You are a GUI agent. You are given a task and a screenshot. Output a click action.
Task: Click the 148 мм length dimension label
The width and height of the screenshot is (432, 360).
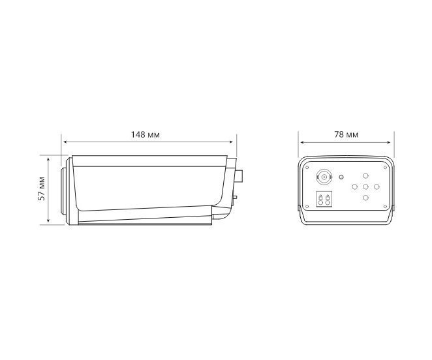click(x=145, y=135)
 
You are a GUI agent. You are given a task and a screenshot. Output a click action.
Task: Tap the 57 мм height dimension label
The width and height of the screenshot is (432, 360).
click(x=42, y=188)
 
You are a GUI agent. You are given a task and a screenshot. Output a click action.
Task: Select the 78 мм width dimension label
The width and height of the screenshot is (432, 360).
click(x=347, y=135)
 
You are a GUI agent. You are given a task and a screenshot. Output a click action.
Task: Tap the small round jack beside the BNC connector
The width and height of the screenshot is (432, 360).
click(x=341, y=177)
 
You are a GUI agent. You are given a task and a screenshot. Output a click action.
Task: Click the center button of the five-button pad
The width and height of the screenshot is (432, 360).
click(x=365, y=187)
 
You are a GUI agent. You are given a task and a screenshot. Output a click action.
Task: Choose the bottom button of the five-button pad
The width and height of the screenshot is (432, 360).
click(x=365, y=198)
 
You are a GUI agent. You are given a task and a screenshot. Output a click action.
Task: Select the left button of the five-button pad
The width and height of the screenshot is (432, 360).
click(x=354, y=187)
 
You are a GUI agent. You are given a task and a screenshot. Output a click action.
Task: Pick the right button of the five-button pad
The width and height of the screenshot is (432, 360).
click(x=377, y=187)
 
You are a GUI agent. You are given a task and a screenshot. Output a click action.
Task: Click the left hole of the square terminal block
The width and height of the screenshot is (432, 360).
click(x=320, y=203)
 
